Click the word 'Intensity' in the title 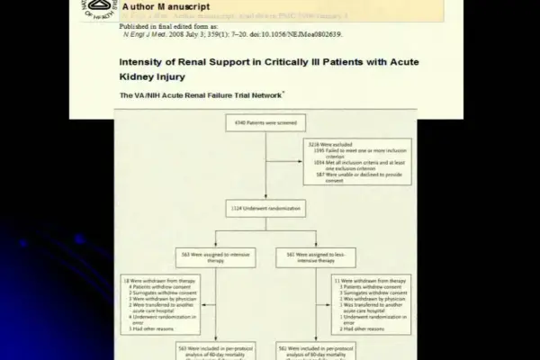tap(143, 62)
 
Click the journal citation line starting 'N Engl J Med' tap(232, 34)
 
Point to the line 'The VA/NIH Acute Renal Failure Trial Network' tap(202, 94)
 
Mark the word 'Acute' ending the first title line tap(399, 62)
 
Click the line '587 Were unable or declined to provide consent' tap(352, 178)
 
